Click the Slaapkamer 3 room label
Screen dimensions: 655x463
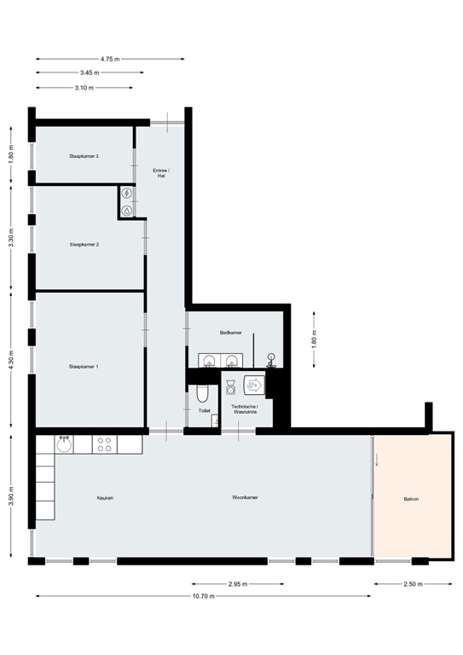[84, 156]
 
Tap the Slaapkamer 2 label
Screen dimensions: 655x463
[84, 245]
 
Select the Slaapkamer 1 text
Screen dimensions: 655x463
[84, 367]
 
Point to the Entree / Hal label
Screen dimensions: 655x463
[161, 173]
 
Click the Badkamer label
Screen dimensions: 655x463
[231, 333]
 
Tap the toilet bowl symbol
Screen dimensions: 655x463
[201, 393]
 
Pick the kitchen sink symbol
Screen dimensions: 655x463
[64, 443]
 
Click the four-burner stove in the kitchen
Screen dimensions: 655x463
[104, 443]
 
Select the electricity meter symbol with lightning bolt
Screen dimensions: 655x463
[126, 194]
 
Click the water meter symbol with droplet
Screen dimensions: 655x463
[126, 209]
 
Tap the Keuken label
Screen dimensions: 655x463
[105, 497]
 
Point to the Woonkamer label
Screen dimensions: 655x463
[246, 497]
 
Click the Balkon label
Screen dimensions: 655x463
[412, 499]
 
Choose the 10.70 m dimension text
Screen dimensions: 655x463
[203, 596]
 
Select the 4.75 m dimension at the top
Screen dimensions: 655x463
[110, 59]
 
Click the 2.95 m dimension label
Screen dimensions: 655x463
[239, 584]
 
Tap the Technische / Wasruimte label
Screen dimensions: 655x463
[246, 409]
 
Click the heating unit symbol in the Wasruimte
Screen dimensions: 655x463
[254, 384]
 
